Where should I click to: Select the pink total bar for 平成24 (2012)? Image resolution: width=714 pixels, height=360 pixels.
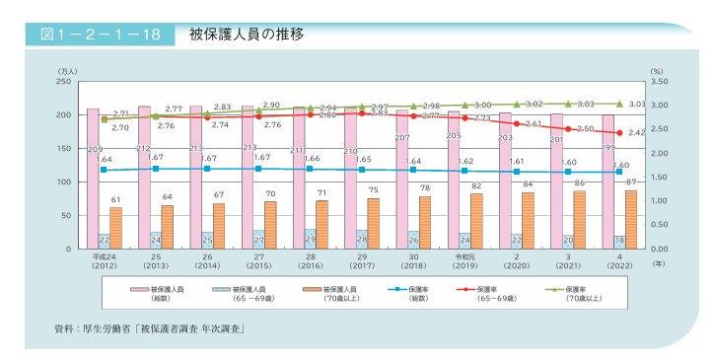click(93, 178)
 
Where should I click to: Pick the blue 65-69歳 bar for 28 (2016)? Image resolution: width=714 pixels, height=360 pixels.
click(311, 239)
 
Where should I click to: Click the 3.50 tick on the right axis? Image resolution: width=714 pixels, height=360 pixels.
click(660, 82)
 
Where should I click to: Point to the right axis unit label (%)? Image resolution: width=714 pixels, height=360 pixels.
click(657, 70)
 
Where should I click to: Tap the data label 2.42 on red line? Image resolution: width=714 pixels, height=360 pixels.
click(636, 132)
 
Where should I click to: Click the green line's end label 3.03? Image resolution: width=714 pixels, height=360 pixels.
click(636, 104)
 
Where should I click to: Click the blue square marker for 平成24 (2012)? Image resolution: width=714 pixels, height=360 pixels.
click(104, 170)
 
